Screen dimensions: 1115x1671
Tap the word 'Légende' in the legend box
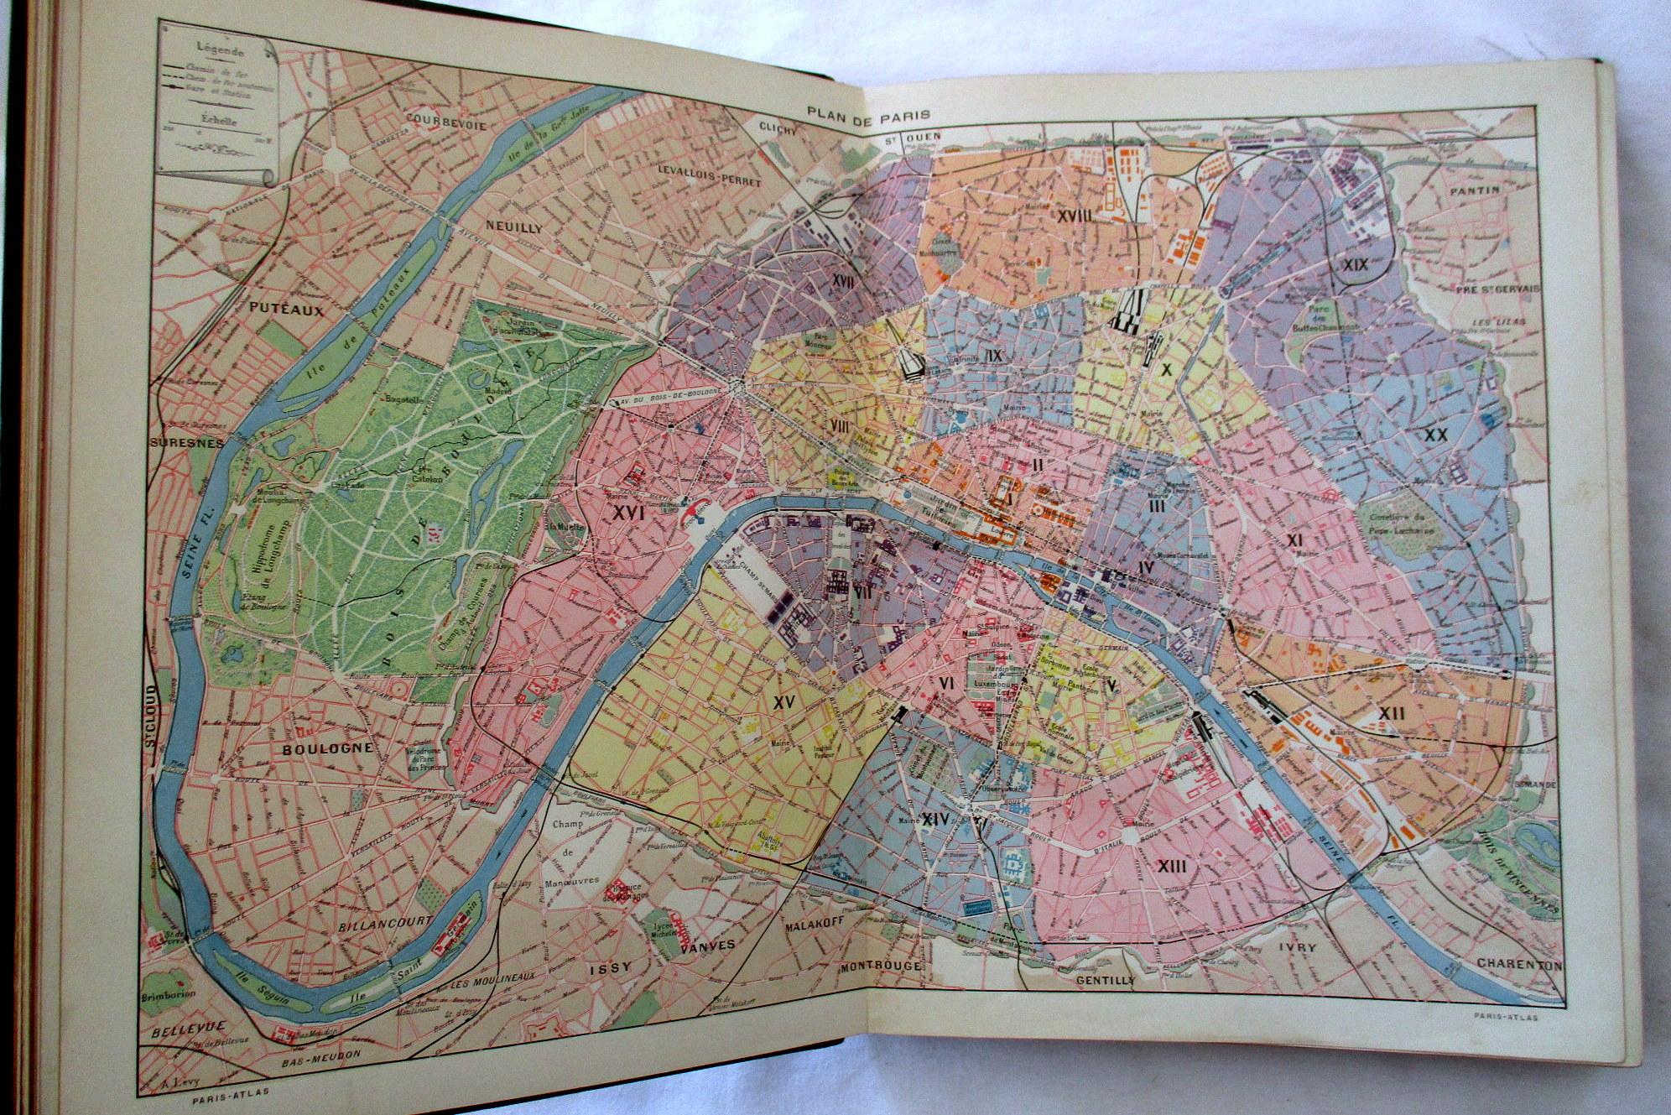(214, 49)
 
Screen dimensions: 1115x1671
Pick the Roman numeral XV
(784, 700)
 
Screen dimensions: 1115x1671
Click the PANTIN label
(1476, 190)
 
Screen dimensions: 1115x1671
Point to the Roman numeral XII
(1390, 713)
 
